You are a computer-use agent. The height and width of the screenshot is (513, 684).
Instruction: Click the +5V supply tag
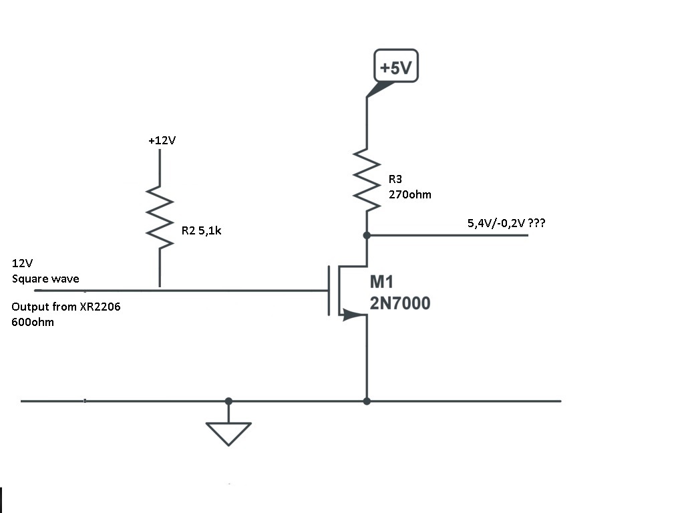(x=395, y=66)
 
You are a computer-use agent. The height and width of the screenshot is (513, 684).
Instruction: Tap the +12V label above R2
(x=162, y=140)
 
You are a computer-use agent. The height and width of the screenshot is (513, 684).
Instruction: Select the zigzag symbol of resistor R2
(x=160, y=217)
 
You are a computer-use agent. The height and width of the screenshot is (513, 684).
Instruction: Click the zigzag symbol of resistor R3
(x=367, y=180)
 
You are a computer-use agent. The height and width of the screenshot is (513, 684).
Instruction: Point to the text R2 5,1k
(x=201, y=230)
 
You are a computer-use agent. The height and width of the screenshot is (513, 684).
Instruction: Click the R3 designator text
(x=395, y=179)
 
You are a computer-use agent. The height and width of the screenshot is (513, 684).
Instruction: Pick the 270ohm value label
(x=409, y=194)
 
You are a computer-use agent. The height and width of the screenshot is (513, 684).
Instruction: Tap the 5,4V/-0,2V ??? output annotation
(x=506, y=223)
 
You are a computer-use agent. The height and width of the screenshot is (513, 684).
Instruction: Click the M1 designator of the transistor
(x=381, y=282)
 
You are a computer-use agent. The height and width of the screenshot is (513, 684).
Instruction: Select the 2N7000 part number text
(x=400, y=303)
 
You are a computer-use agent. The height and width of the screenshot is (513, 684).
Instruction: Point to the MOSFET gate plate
(x=329, y=291)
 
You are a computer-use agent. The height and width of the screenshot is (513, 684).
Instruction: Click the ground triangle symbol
(x=228, y=433)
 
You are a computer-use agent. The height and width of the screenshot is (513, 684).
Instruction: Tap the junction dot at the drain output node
(x=367, y=235)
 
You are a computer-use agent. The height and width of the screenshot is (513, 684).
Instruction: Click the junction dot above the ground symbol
(x=228, y=401)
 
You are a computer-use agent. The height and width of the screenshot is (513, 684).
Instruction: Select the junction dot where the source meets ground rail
(x=367, y=401)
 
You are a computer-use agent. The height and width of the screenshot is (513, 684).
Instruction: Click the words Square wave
(x=45, y=279)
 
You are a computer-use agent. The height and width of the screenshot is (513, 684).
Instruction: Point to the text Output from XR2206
(x=66, y=307)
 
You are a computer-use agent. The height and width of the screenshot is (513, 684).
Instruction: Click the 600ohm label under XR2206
(x=33, y=323)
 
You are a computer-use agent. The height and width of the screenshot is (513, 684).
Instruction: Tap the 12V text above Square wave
(x=22, y=263)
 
